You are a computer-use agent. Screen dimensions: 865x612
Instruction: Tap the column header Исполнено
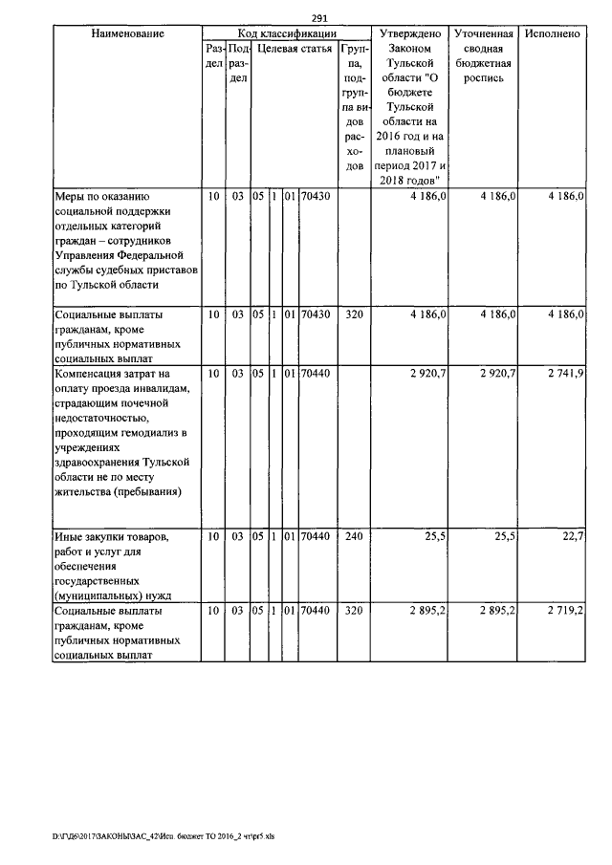[552, 33]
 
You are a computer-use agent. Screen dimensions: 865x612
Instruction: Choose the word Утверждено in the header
[409, 33]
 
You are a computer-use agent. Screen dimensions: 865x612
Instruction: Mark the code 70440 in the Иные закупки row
[315, 537]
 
